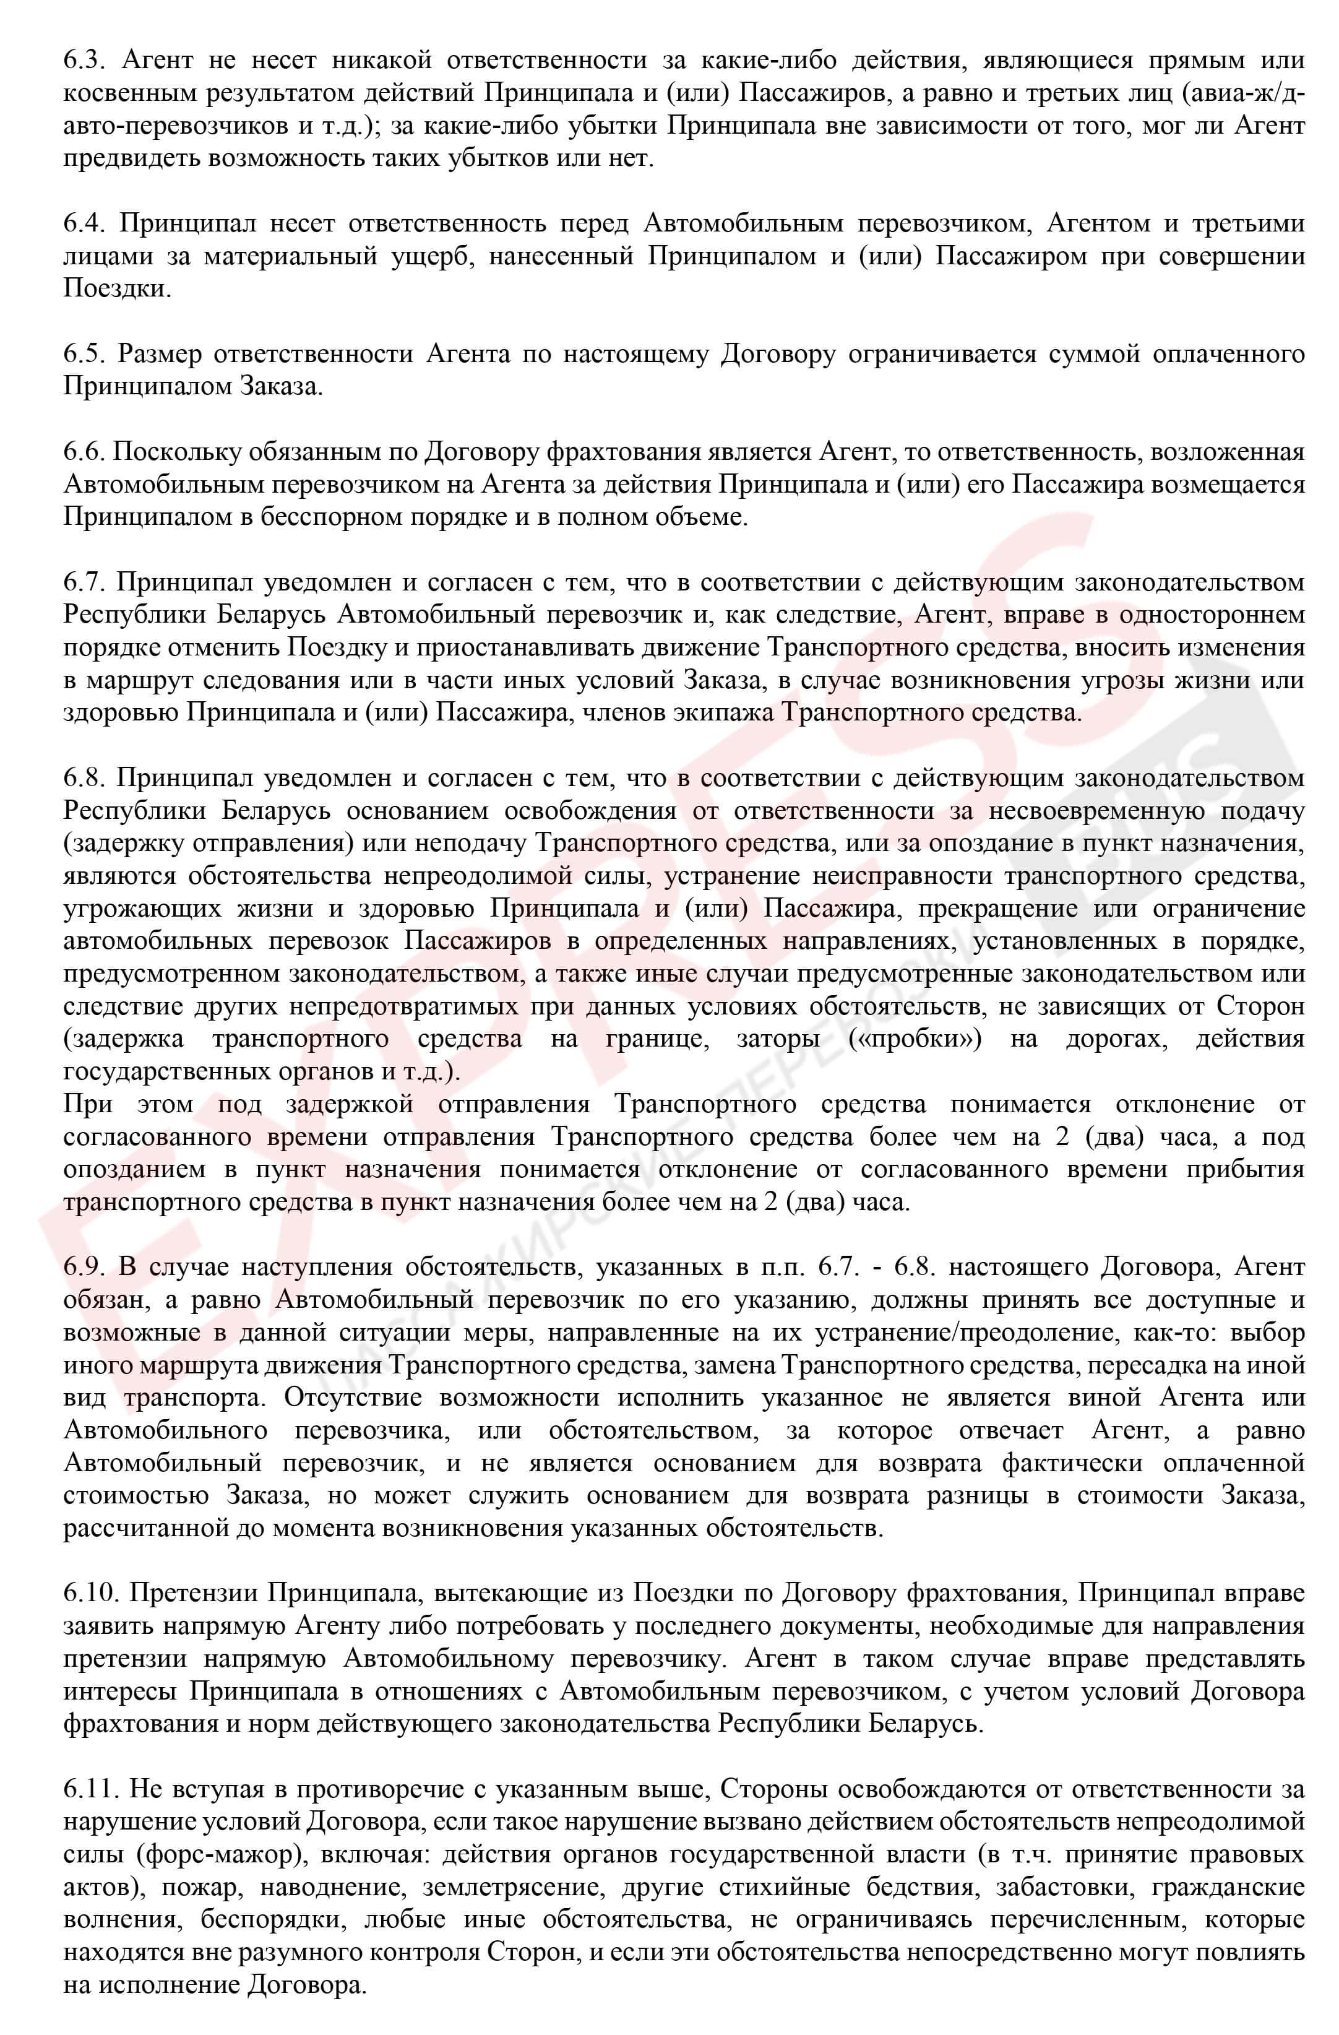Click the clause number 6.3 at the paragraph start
coord(83,61)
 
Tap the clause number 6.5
coord(83,354)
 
